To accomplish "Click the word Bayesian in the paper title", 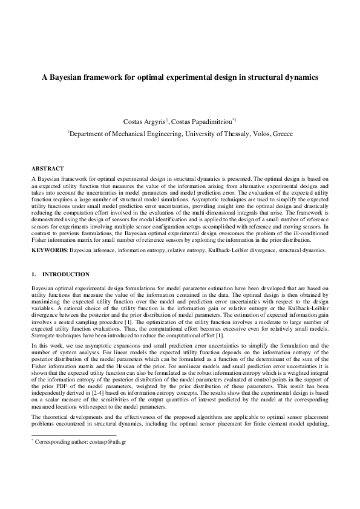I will [68, 77].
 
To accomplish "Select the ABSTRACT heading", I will [47, 167].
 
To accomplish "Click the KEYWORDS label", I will [49, 250].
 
